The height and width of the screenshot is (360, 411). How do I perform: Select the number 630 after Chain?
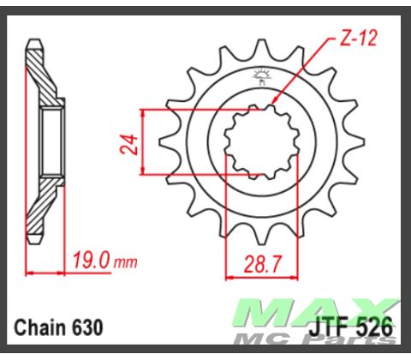(x=89, y=327)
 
